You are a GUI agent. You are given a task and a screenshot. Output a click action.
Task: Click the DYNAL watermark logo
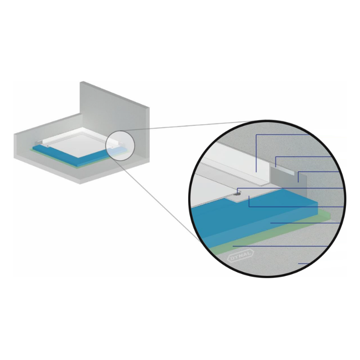[x=240, y=256]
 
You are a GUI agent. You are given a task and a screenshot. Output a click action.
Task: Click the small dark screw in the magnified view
[x=237, y=194]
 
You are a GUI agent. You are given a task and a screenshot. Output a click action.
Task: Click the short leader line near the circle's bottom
[x=303, y=264]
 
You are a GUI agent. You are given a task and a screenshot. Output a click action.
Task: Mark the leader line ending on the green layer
[x=280, y=246]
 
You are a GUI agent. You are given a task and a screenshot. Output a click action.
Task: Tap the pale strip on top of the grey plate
[x=285, y=169]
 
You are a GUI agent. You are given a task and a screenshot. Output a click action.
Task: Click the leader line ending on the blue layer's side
[x=306, y=223]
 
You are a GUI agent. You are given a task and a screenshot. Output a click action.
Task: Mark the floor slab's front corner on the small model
[x=81, y=184]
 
